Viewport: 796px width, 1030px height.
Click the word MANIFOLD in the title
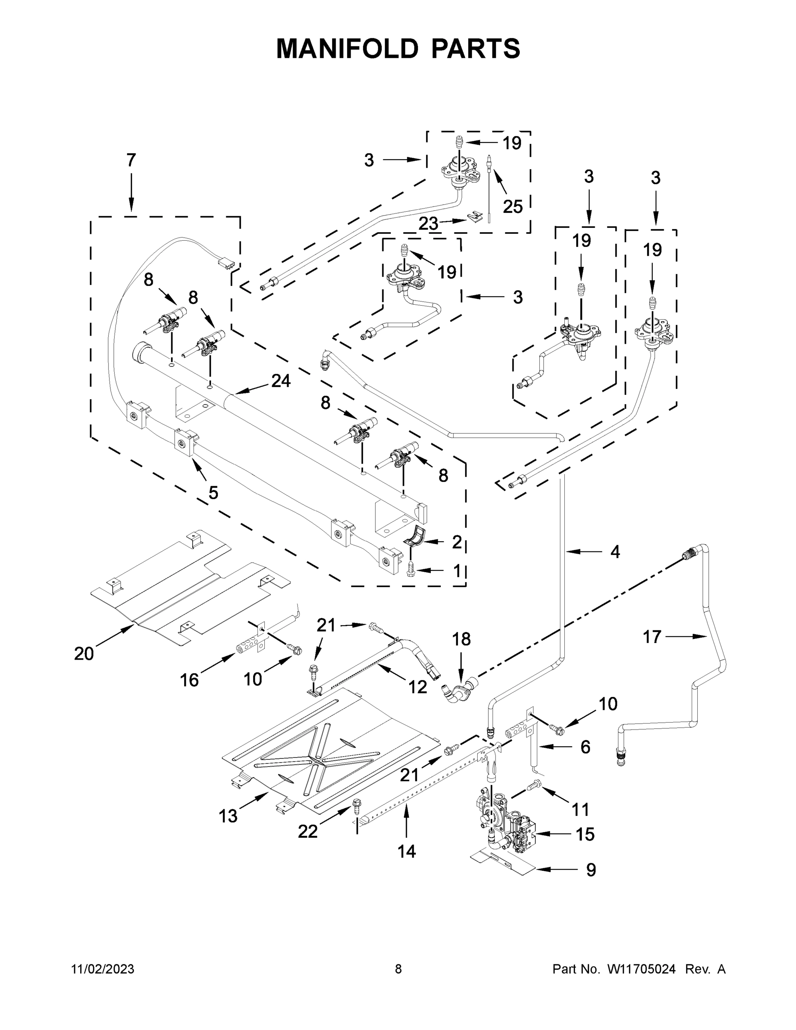coord(347,48)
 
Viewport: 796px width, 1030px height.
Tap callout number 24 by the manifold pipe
coord(281,381)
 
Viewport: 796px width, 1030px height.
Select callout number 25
coord(513,206)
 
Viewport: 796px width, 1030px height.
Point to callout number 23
coord(428,224)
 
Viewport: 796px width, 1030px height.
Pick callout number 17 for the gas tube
coord(652,637)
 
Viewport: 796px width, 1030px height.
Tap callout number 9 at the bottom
coord(590,869)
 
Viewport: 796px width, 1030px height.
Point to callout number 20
coord(84,654)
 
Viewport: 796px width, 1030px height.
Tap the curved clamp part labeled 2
coord(415,539)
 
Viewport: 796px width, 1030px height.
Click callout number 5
coord(213,493)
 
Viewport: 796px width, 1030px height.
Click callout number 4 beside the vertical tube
coord(615,551)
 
